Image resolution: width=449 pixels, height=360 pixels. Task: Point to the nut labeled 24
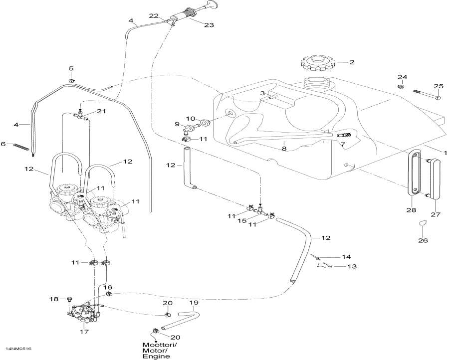(x=402, y=87)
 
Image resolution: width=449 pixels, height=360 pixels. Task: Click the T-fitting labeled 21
(x=80, y=116)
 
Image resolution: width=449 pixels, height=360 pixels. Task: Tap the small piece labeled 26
(x=422, y=222)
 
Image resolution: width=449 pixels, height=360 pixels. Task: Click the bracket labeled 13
(x=323, y=267)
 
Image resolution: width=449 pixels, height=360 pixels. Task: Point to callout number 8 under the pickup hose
(x=283, y=149)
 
